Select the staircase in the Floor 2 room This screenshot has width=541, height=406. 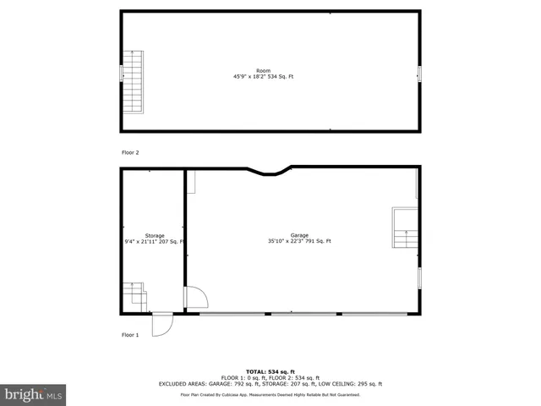click(x=134, y=81)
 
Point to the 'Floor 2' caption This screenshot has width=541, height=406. click(x=130, y=152)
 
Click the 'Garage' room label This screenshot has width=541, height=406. click(x=299, y=235)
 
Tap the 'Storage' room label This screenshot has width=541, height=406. click(x=154, y=236)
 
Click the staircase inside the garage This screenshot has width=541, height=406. click(x=405, y=228)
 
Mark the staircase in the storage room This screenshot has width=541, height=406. click(x=134, y=296)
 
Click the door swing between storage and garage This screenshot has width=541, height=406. click(x=195, y=297)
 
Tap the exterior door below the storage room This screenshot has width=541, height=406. click(x=161, y=325)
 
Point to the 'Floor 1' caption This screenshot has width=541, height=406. click(x=130, y=335)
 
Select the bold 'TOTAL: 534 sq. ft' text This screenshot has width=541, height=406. click(x=270, y=371)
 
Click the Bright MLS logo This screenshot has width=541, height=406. click(x=34, y=394)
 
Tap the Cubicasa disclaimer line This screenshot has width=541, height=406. click(x=270, y=395)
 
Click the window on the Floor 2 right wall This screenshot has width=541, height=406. click(x=418, y=74)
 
